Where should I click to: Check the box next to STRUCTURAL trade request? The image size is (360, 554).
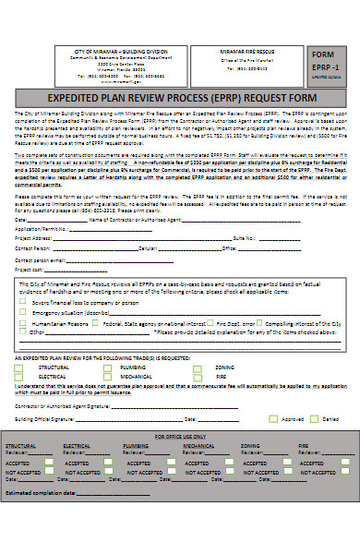[x=21, y=367]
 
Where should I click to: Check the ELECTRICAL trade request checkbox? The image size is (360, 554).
[x=21, y=377]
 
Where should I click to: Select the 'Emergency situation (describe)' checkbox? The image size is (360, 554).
[x=23, y=312]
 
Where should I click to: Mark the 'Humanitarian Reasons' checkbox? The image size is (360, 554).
[x=23, y=324]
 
